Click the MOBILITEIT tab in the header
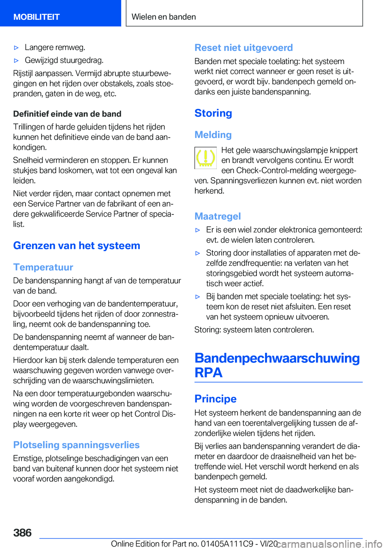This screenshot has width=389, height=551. [36, 17]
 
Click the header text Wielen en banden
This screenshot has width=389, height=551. [164, 17]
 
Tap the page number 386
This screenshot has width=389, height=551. [22, 532]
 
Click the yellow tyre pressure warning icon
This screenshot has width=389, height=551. [206, 158]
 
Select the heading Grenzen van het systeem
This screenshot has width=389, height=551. [77, 246]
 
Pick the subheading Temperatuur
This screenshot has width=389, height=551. [43, 267]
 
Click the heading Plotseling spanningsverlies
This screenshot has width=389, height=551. [76, 445]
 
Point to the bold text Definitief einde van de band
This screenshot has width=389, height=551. [67, 114]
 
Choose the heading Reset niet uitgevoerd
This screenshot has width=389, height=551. [244, 48]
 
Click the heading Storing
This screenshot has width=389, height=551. [213, 113]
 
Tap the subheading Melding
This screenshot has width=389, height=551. [213, 135]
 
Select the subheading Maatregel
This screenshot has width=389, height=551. [218, 216]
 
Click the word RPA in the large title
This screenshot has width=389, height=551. [208, 373]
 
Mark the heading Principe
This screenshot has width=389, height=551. [216, 398]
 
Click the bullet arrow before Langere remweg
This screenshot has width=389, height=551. [17, 48]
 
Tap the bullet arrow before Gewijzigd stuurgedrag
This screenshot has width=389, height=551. [17, 61]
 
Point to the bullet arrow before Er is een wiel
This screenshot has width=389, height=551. [198, 230]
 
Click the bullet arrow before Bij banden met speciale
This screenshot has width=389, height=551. [198, 297]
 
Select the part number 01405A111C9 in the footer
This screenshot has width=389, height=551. [227, 544]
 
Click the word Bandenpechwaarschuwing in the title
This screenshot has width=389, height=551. [277, 358]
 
